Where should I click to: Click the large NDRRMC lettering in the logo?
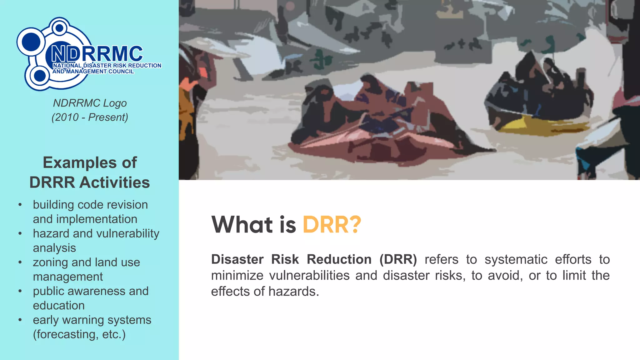pyautogui.click(x=97, y=54)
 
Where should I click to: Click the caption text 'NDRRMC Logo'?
pyautogui.click(x=90, y=103)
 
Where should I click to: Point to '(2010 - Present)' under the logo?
pyautogui.click(x=90, y=117)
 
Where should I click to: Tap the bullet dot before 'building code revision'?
pyautogui.click(x=20, y=205)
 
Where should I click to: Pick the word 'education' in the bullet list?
pyautogui.click(x=59, y=305)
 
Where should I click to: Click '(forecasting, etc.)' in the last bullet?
pyautogui.click(x=79, y=334)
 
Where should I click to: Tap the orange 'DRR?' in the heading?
pyautogui.click(x=332, y=224)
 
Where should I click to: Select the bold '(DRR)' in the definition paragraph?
pyautogui.click(x=398, y=259)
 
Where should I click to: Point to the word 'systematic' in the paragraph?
pyautogui.click(x=516, y=259)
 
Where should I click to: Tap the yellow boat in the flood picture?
pyautogui.click(x=537, y=125)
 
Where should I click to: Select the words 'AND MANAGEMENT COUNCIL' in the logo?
pyautogui.click(x=93, y=72)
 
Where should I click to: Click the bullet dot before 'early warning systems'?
pyautogui.click(x=20, y=320)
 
